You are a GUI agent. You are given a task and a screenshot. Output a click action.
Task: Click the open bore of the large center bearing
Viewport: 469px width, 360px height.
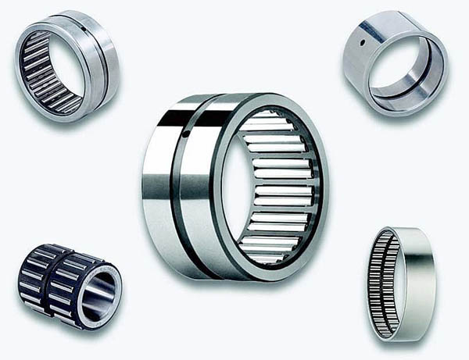point(235,187)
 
